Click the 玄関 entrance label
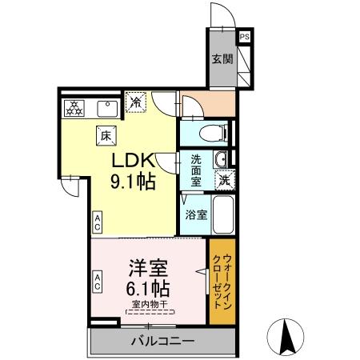(x=222, y=59)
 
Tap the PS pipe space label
(x=244, y=36)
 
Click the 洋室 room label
(x=146, y=265)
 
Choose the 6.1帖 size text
(x=146, y=286)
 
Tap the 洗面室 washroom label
(x=196, y=170)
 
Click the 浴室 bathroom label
(x=197, y=214)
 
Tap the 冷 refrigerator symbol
(x=137, y=102)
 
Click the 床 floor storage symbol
(x=105, y=135)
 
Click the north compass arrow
(x=289, y=336)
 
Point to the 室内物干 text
(x=146, y=305)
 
